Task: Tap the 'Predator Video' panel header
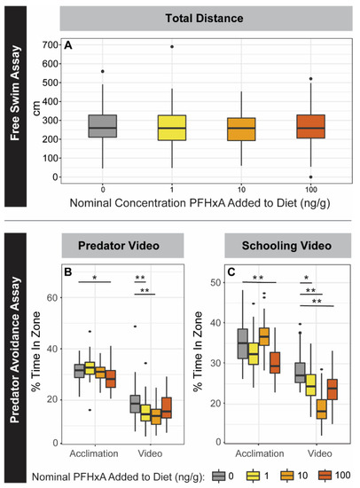tap(121, 244)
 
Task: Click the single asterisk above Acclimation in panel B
tap(93, 276)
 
